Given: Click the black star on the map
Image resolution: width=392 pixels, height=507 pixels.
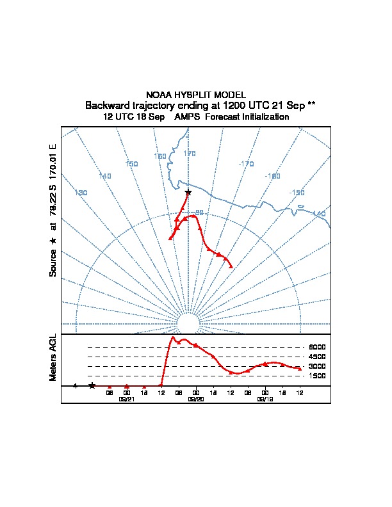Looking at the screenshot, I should [x=188, y=193].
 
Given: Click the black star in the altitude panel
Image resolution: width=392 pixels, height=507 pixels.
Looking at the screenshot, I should [x=92, y=385].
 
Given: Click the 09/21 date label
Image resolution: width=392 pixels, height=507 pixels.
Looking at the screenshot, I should [x=127, y=399].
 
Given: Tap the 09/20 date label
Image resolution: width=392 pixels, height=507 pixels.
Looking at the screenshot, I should [x=196, y=399].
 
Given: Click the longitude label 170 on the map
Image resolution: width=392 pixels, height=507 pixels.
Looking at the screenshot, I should [x=190, y=154].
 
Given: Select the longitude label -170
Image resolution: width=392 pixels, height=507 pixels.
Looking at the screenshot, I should [x=246, y=164].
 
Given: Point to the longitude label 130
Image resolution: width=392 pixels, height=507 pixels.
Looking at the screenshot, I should [x=81, y=193].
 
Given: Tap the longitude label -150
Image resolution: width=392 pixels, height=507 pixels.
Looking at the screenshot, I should [x=297, y=193].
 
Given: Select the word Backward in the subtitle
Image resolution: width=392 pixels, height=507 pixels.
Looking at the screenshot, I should [x=109, y=105].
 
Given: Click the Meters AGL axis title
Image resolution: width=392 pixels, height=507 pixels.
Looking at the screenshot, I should [x=54, y=358].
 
